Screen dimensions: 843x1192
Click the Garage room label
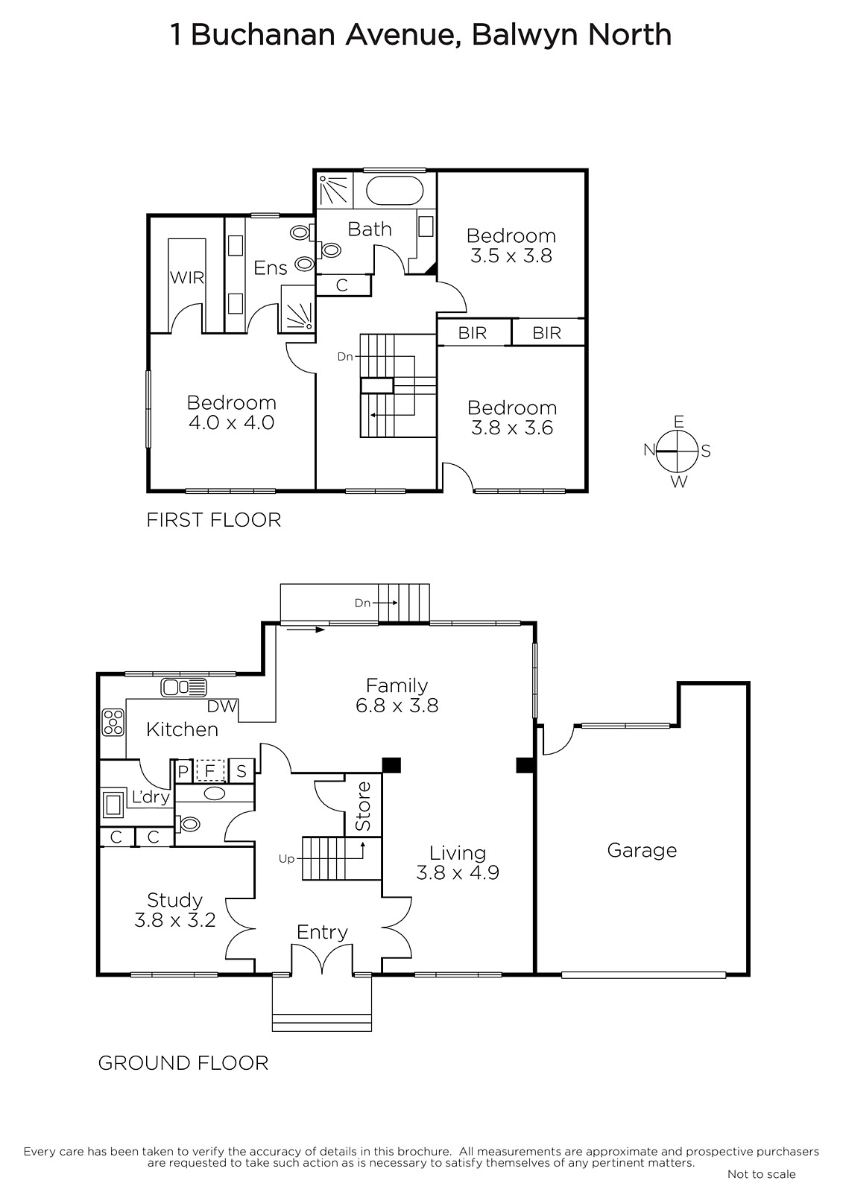(642, 850)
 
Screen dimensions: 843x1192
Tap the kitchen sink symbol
(183, 688)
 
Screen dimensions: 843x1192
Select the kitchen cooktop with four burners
(113, 722)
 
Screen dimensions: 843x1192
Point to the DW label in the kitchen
(221, 706)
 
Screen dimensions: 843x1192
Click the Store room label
(363, 806)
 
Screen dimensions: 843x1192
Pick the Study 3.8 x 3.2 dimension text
(174, 920)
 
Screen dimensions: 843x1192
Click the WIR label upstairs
(187, 277)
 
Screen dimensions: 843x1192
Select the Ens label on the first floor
(271, 267)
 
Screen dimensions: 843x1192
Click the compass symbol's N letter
(649, 450)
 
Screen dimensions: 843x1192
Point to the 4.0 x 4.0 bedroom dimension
(232, 422)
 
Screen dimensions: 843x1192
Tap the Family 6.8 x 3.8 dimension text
(397, 706)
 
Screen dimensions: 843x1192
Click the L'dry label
(151, 796)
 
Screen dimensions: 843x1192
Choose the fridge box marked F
(209, 770)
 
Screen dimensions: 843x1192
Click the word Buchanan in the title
(263, 35)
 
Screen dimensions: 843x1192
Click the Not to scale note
(762, 1174)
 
